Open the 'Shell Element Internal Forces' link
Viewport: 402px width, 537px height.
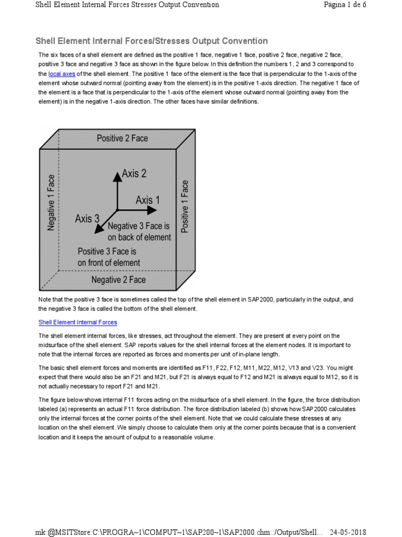point(78,323)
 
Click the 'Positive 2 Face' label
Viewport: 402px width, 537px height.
point(122,138)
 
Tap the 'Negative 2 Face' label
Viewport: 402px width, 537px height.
point(118,280)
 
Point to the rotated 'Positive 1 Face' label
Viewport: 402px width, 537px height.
point(185,206)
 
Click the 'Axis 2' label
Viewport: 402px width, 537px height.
point(134,174)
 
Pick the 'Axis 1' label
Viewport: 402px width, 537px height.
point(148,200)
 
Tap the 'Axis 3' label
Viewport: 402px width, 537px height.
point(87,219)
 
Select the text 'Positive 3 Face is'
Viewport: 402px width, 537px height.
point(107,252)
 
